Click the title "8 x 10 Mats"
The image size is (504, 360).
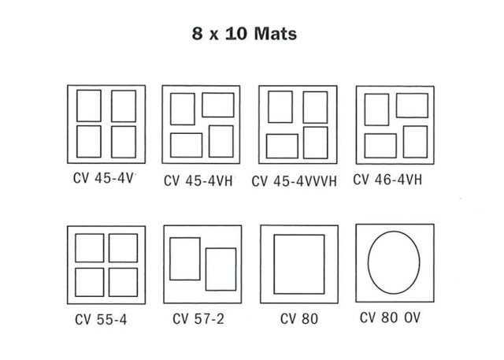244,33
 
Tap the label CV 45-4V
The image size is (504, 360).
103,178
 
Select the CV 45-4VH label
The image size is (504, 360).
198,180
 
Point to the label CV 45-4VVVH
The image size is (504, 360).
294,181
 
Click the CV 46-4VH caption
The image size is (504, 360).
387,180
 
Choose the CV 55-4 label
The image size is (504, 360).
101,320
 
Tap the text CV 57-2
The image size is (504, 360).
198,319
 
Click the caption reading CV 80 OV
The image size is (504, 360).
390,317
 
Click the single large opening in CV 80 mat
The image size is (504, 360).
299,235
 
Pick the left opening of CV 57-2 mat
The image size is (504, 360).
185,238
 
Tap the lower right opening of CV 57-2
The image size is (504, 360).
220,248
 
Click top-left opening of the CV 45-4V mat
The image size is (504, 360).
89,91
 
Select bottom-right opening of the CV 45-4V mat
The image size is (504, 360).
124,126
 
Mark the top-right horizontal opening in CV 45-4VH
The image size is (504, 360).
218,93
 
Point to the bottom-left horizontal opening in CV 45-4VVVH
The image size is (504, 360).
282,135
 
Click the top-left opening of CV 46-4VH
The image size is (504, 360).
376,94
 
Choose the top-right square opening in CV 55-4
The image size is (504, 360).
123,234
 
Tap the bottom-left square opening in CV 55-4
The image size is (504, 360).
89,268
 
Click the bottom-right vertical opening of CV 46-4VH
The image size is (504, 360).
415,126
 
